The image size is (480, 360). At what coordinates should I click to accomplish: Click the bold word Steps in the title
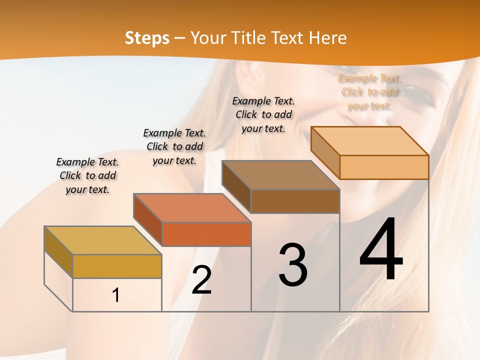click(x=147, y=38)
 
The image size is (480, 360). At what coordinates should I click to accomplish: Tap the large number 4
click(x=381, y=250)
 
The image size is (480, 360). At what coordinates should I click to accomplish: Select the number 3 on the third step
click(x=292, y=265)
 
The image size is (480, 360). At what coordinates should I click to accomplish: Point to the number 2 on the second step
click(x=201, y=280)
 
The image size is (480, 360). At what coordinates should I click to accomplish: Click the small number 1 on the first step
click(x=116, y=295)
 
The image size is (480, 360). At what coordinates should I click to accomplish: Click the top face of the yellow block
click(x=103, y=240)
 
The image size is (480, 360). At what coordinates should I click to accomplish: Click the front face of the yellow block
click(x=117, y=266)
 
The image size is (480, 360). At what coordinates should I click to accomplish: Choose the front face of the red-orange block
click(x=206, y=234)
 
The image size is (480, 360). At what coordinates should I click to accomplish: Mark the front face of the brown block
click(x=295, y=201)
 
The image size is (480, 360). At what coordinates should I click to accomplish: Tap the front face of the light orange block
click(x=384, y=167)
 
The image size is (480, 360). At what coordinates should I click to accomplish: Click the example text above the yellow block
click(x=87, y=176)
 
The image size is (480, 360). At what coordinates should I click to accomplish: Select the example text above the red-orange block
click(x=174, y=146)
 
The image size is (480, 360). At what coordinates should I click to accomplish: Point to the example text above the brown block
click(x=263, y=114)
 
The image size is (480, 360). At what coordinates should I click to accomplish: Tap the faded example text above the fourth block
click(x=369, y=92)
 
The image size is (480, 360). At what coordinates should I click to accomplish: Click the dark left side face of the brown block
click(x=236, y=187)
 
